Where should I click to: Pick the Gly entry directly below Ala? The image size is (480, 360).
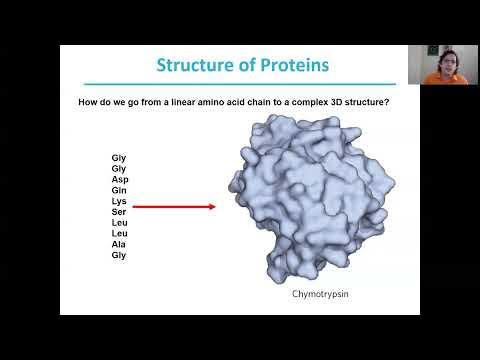pyautogui.click(x=120, y=256)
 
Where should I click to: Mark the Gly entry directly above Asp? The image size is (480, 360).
pyautogui.click(x=120, y=168)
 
